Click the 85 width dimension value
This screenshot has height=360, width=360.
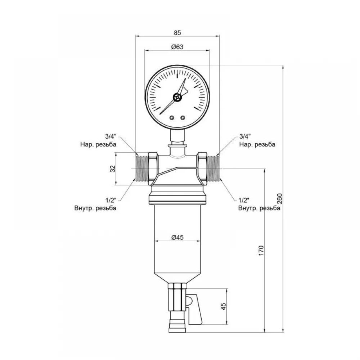point(177,33)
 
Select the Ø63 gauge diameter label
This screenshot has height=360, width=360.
point(177,47)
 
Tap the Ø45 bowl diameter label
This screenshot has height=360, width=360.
point(177,237)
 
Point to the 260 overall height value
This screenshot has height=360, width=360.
point(279,199)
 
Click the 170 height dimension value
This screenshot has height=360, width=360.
point(261,251)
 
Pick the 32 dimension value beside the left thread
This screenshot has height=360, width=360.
point(113,169)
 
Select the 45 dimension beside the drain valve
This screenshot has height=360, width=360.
point(223,306)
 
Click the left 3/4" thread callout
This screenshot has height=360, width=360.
point(111,136)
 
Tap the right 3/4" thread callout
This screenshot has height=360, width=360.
point(245,136)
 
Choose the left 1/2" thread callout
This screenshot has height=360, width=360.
point(111,200)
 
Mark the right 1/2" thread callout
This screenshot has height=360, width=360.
point(244,200)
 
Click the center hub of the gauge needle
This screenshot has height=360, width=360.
point(177,97)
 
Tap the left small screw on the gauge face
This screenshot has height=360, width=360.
point(172,118)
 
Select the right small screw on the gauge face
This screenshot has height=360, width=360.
point(183,118)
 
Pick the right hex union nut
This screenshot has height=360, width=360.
point(202,169)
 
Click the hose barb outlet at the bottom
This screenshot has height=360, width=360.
point(177,325)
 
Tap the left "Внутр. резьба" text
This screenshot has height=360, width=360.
point(95,208)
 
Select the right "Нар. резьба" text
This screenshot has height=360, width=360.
point(257,144)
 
